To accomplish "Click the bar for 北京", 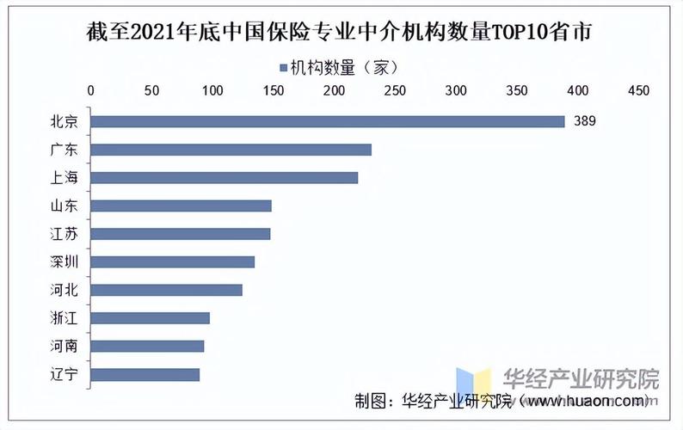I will coord(327,121).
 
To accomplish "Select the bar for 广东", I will coord(231,150).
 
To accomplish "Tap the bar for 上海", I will coord(224,178).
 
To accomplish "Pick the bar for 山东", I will coord(181,206).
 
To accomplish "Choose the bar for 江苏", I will coord(180,234).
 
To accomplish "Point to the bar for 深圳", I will coord(172,262).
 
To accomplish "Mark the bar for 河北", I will coord(166,290).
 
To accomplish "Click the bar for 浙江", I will coord(150,318).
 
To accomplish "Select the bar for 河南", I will coord(147,346).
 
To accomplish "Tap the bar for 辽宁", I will coord(145,374).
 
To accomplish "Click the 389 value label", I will coord(584,121).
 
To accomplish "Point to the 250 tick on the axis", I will coord(395,89).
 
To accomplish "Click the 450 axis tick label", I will coord(637,89).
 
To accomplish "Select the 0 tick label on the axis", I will coord(91,89).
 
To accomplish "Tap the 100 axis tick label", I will coord(212,89).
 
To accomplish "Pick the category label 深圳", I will coord(65,262).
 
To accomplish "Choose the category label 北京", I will coord(65,121).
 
